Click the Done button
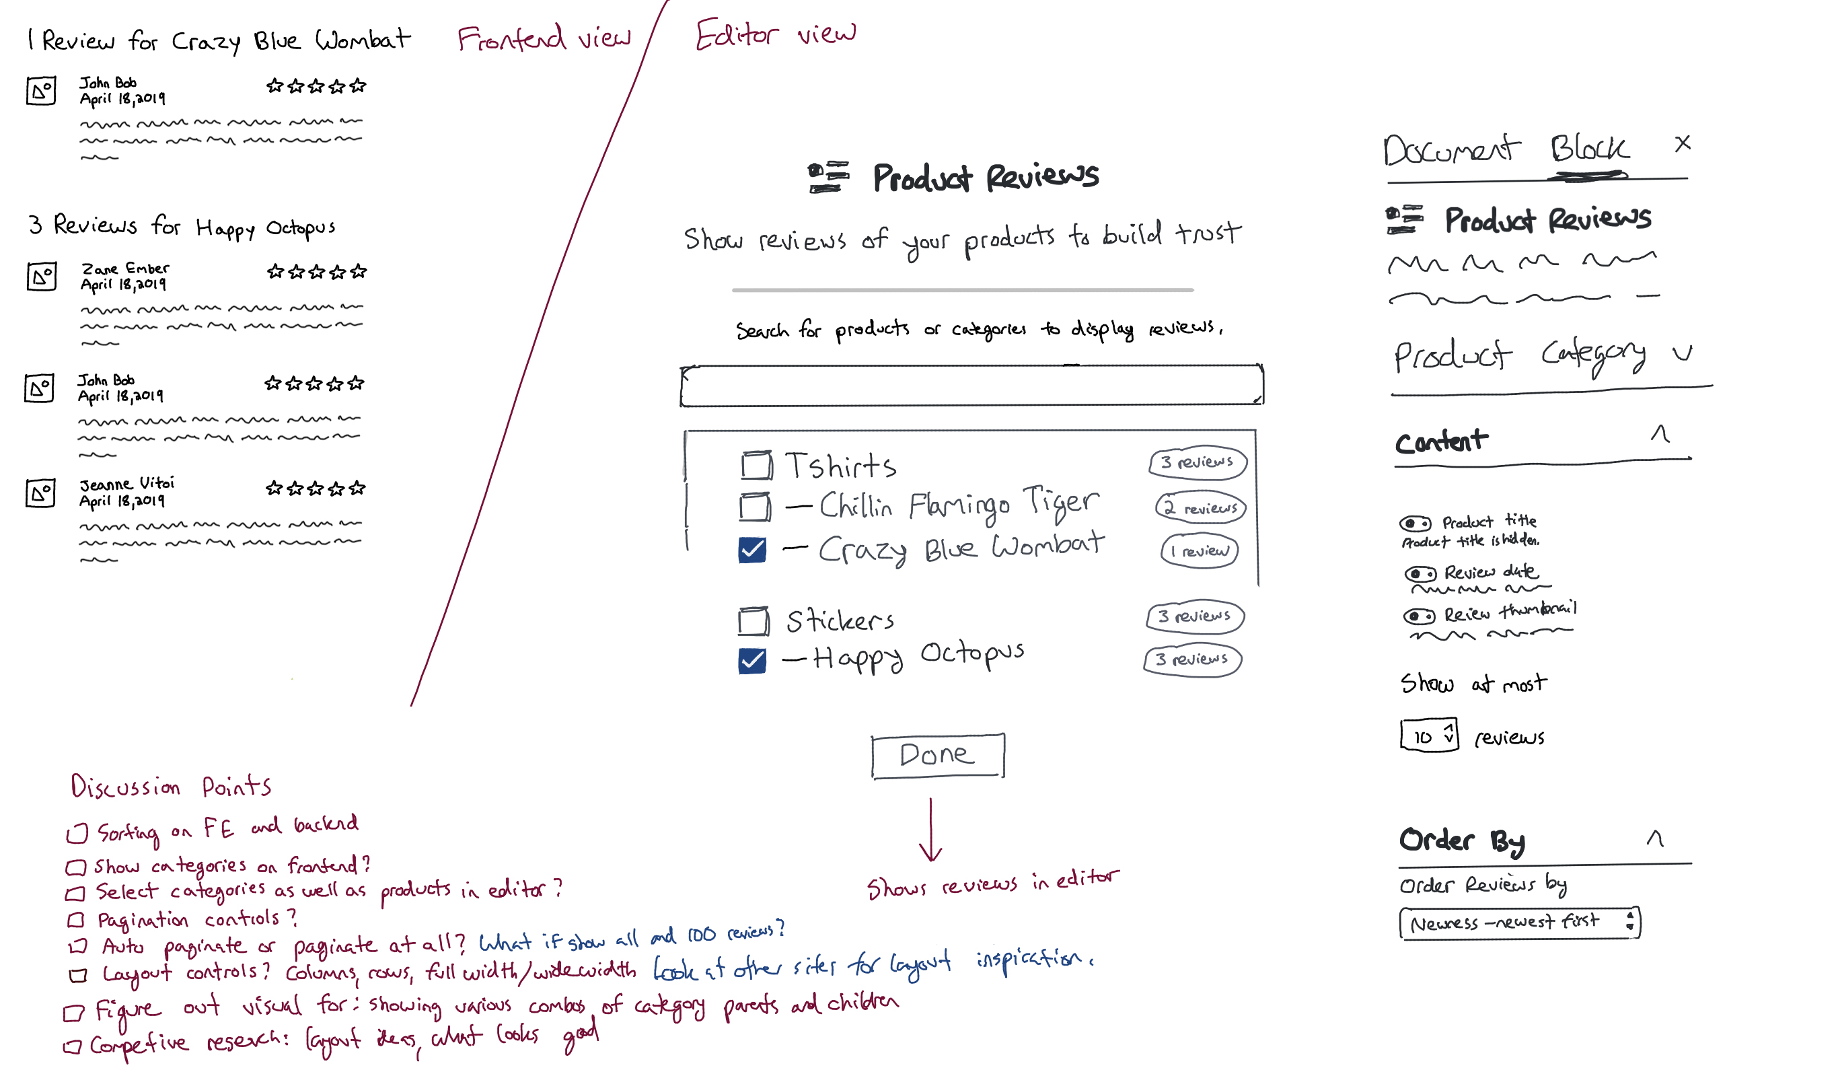coord(937,756)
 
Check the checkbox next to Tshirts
coord(756,464)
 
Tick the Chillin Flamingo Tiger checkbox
coord(754,506)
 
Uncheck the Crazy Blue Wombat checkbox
coord(752,549)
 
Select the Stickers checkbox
coord(753,620)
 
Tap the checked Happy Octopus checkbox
coord(752,660)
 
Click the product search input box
coord(971,385)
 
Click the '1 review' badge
coord(1199,550)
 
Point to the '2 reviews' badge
coord(1200,507)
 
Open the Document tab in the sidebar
coord(1450,150)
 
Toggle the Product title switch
coord(1414,523)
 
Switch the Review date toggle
coord(1420,573)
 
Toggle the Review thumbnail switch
coord(1419,616)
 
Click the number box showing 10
coord(1428,735)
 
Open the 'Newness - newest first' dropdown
coord(1518,923)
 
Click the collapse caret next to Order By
coord(1655,838)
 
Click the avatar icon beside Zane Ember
coord(42,277)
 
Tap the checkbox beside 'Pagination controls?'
coord(76,920)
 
